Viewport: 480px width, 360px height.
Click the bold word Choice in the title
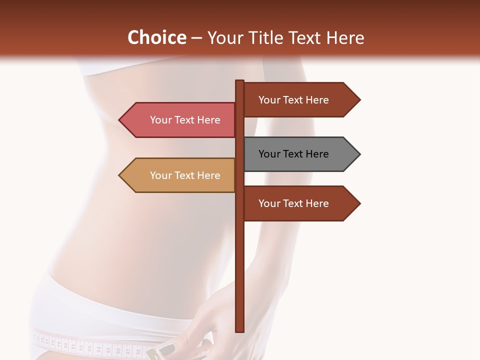coord(156,37)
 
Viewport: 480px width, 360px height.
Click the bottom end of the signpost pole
coord(240,330)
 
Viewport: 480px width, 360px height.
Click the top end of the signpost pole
coord(240,81)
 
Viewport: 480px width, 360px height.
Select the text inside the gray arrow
coord(293,154)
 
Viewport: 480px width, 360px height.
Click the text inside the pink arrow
coord(185,120)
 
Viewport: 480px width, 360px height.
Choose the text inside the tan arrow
coord(185,175)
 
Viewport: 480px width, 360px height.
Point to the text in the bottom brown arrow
coord(293,203)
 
